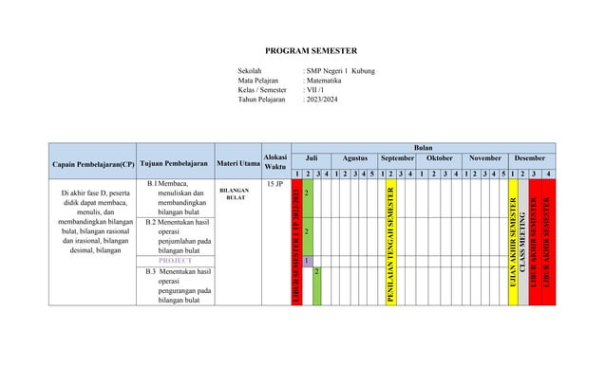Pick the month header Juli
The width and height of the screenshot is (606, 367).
(311, 159)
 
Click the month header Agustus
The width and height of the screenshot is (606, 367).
(355, 159)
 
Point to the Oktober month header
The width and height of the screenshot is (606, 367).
(440, 159)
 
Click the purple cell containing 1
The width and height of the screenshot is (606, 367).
(306, 260)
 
